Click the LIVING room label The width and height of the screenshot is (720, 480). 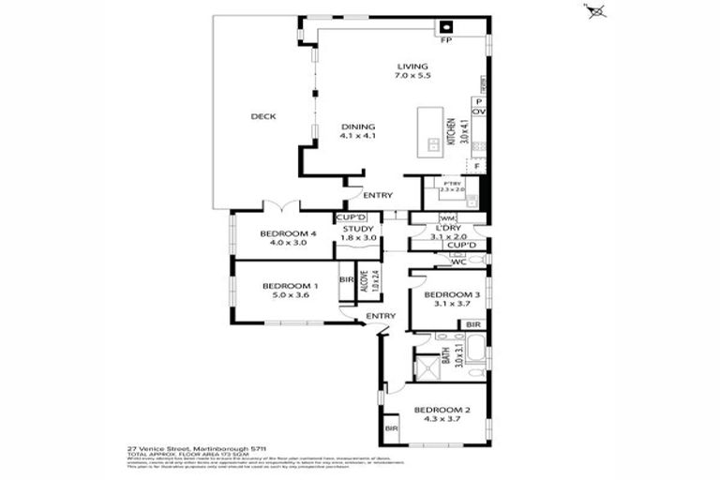pos(412,67)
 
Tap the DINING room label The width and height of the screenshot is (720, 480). pos(357,127)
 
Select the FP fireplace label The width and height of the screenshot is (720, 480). pos(448,41)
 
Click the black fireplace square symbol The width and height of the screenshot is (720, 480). pos(448,26)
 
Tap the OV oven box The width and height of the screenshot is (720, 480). pos(478,112)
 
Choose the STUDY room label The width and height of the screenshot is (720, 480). pos(358,228)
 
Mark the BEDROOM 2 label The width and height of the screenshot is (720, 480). pos(442,410)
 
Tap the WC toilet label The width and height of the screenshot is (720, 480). pos(459,262)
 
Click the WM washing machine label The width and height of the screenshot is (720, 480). pos(420,218)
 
